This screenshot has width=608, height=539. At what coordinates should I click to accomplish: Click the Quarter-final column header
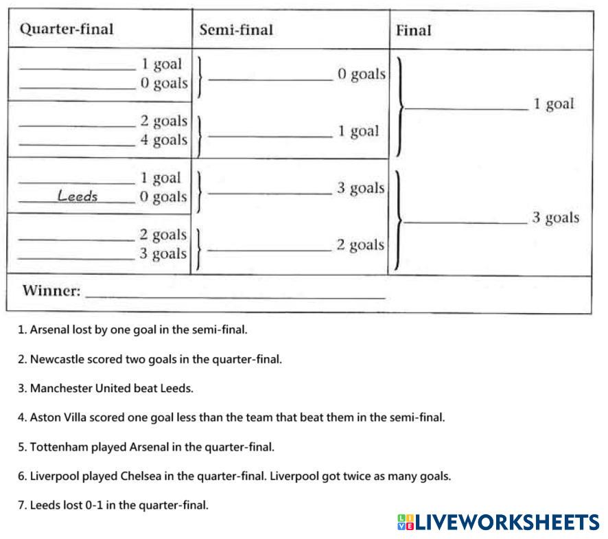(67, 30)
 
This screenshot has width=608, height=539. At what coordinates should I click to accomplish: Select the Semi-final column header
(235, 30)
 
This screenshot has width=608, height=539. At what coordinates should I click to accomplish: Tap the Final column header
(414, 30)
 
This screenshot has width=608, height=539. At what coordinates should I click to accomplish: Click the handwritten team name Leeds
(78, 196)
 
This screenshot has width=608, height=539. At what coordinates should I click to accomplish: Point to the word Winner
(51, 290)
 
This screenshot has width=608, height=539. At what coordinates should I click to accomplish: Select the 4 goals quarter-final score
(163, 140)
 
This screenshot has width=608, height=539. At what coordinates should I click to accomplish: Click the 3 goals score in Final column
(555, 218)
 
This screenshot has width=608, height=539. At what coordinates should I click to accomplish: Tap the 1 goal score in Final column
(553, 104)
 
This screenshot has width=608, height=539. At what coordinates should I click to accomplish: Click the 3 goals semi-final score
(360, 188)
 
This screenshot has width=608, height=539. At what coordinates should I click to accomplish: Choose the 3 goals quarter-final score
(163, 254)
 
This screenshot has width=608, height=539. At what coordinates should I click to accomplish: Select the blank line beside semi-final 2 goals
(270, 251)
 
